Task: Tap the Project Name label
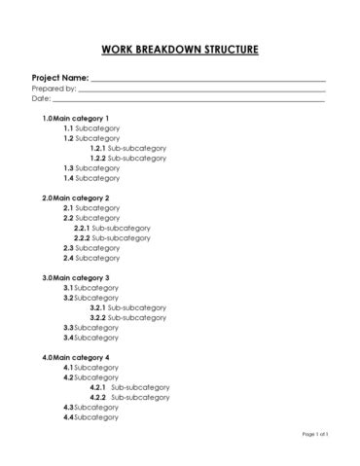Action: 60,77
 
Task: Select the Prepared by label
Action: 54,89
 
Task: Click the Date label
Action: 40,99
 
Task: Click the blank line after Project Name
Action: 208,80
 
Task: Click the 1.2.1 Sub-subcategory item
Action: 127,148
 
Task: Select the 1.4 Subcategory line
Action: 92,178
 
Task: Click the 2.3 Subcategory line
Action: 92,248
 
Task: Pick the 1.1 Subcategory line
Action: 92,128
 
